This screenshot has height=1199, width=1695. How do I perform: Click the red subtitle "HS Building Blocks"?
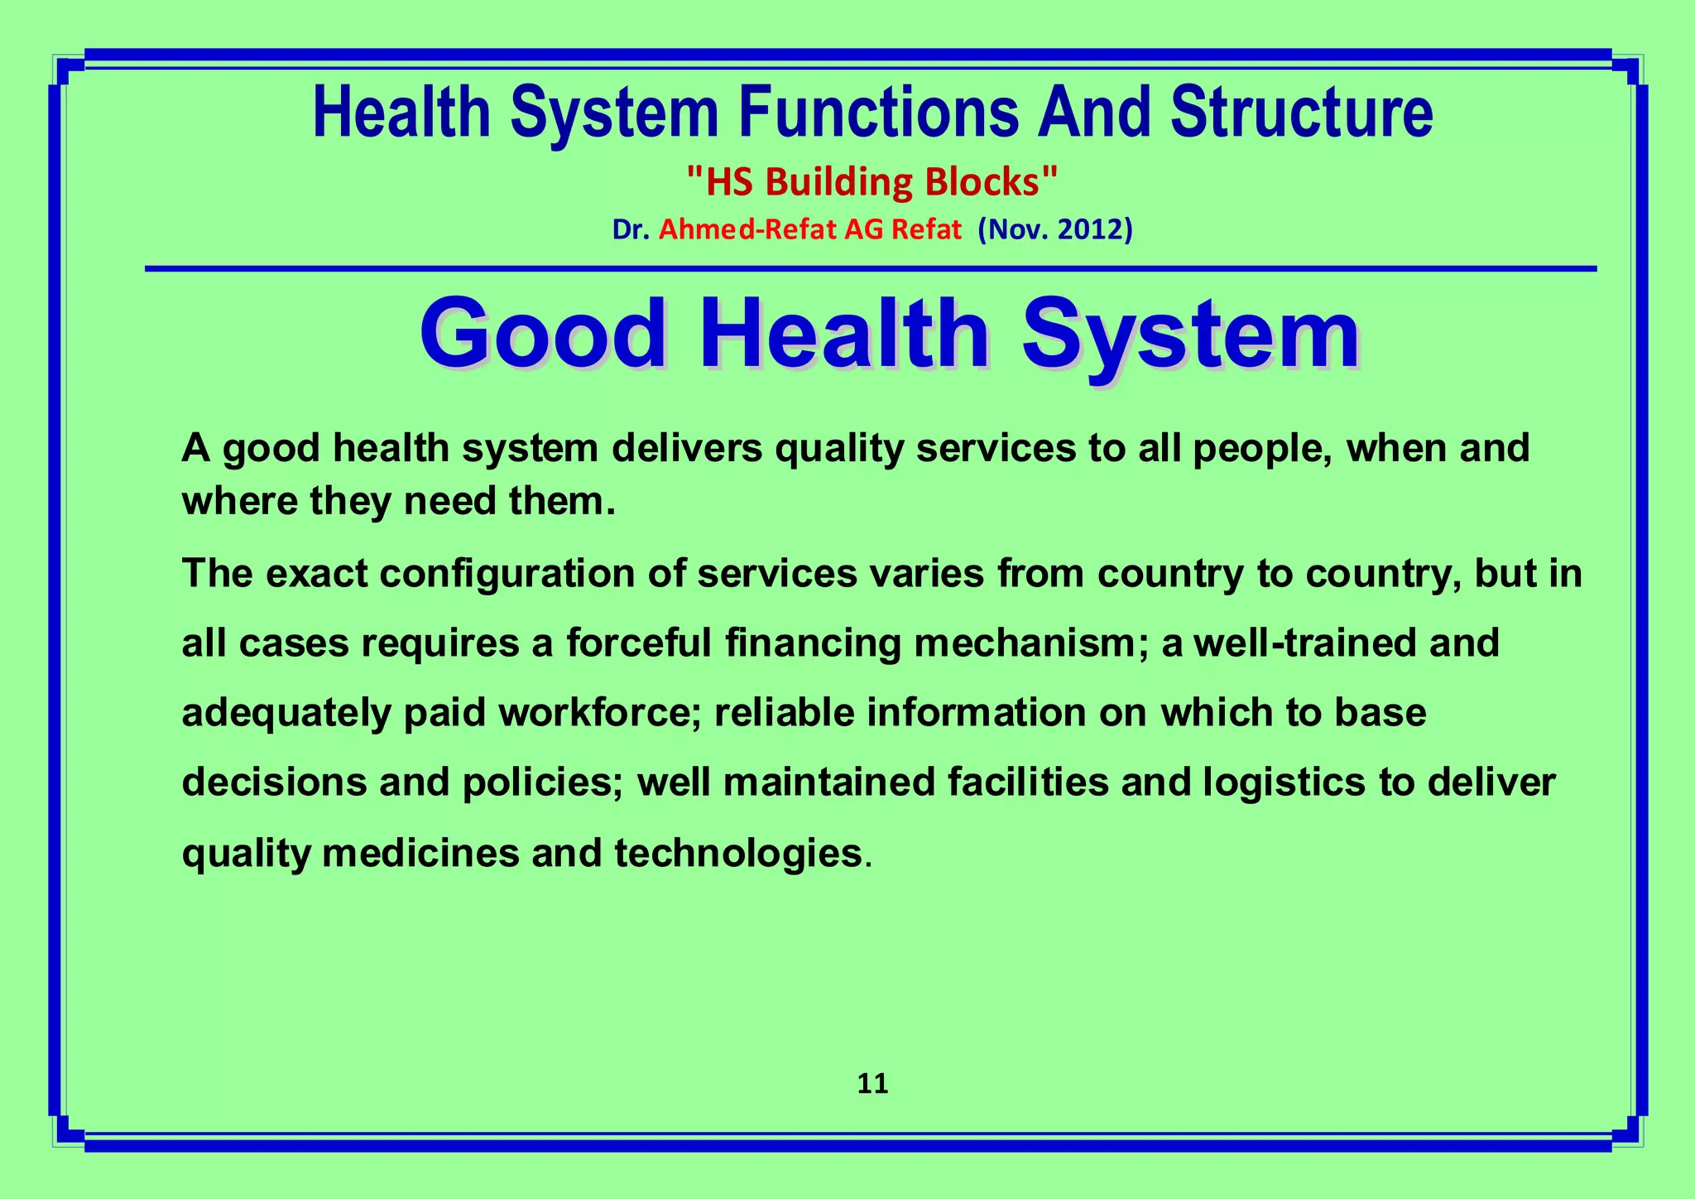click(x=872, y=181)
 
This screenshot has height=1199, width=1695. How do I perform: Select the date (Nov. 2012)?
click(x=1054, y=229)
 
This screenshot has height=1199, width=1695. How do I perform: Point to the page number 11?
click(x=872, y=1084)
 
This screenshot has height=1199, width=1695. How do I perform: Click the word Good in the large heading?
click(x=543, y=335)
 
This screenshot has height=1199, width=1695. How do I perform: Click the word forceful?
click(x=638, y=643)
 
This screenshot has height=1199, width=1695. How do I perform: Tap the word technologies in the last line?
click(x=738, y=853)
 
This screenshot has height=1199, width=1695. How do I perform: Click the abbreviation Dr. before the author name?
click(x=630, y=229)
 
